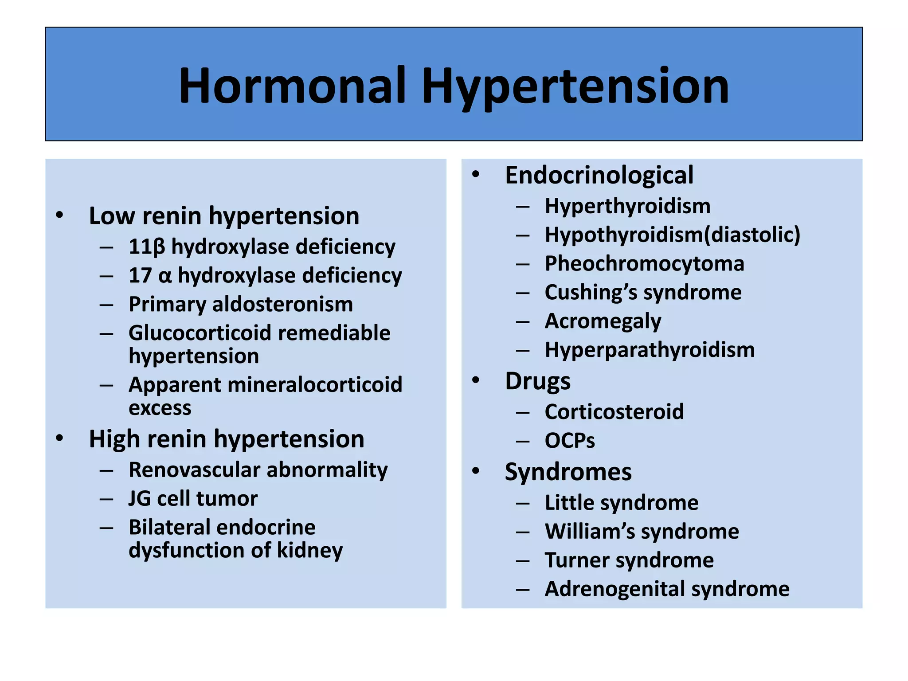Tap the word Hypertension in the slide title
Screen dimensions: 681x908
(x=575, y=86)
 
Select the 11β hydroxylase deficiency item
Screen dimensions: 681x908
(x=262, y=247)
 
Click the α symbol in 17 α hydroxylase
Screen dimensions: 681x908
(x=164, y=276)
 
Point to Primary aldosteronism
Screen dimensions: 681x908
(x=241, y=305)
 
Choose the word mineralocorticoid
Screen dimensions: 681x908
(x=315, y=385)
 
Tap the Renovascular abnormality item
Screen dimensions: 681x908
(x=258, y=470)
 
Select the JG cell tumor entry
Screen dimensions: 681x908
(x=193, y=499)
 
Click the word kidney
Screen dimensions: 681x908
(x=310, y=551)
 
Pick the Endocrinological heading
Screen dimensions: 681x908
(x=599, y=175)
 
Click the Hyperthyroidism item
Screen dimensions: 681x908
(x=627, y=206)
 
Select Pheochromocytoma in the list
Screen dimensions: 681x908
(x=644, y=264)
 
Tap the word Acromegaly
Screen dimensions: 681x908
(x=603, y=321)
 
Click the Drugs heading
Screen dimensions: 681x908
(x=538, y=381)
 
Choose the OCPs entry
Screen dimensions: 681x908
(x=570, y=441)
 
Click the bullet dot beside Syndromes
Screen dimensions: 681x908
(x=476, y=470)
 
